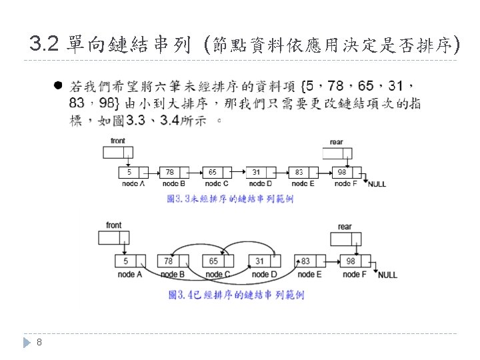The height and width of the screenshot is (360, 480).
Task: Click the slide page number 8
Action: [x=40, y=343]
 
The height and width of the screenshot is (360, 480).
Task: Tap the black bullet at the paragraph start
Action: [x=58, y=86]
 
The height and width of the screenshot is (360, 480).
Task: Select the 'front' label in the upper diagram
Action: [x=117, y=141]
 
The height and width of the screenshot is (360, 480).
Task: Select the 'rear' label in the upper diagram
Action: [x=337, y=142]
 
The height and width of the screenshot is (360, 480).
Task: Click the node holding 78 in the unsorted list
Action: [x=175, y=172]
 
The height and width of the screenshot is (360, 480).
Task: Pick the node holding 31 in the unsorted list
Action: [x=261, y=172]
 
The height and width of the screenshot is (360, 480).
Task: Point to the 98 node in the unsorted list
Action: [x=346, y=172]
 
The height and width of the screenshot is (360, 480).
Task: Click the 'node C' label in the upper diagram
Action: [x=217, y=183]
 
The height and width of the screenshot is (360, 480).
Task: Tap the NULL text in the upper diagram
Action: [x=377, y=184]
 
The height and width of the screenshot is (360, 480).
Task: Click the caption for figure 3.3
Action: [x=230, y=199]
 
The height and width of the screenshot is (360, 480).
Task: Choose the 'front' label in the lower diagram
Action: [x=114, y=225]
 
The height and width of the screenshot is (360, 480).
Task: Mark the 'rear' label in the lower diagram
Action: [x=345, y=227]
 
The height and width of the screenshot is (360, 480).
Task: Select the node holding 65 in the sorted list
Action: [x=219, y=261]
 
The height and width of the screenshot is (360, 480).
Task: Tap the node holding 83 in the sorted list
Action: [x=309, y=261]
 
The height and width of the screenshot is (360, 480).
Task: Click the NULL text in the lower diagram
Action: [x=387, y=275]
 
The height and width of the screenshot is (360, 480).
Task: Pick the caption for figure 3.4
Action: [x=236, y=295]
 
